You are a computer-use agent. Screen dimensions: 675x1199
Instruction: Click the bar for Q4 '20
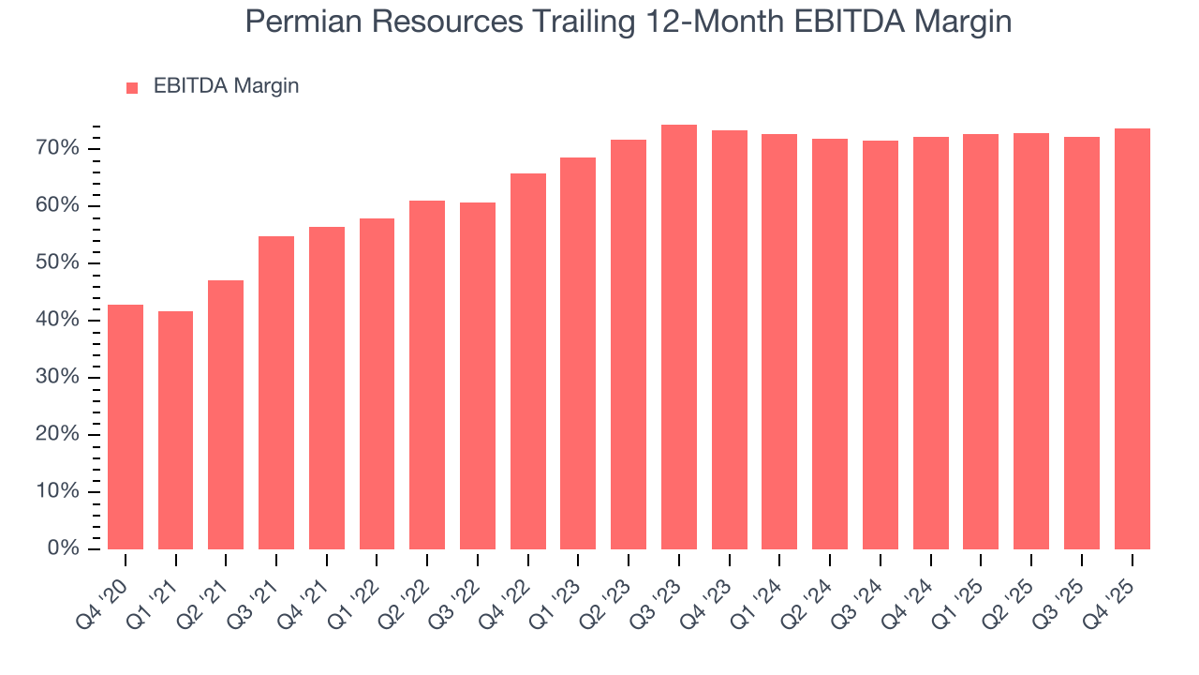pyautogui.click(x=126, y=427)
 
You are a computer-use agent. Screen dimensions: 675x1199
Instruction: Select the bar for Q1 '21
pyautogui.click(x=176, y=430)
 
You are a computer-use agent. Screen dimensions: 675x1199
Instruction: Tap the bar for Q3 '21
pyautogui.click(x=276, y=393)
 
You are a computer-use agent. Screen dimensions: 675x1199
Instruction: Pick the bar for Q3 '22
pyautogui.click(x=478, y=376)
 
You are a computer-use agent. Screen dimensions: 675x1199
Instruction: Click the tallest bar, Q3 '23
pyautogui.click(x=679, y=337)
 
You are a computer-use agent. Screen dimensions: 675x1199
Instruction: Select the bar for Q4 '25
pyautogui.click(x=1132, y=338)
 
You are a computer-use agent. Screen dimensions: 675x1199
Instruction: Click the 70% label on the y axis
pyautogui.click(x=59, y=148)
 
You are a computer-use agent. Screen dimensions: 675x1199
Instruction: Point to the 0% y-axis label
pyautogui.click(x=64, y=548)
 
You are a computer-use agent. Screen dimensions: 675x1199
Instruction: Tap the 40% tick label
pyautogui.click(x=59, y=320)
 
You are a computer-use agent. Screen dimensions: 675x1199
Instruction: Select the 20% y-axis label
pyautogui.click(x=59, y=434)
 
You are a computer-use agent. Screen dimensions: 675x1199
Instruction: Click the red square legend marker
pyautogui.click(x=132, y=87)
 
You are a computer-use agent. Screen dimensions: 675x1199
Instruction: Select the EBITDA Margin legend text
pyautogui.click(x=226, y=86)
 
